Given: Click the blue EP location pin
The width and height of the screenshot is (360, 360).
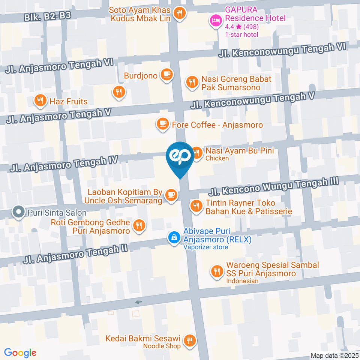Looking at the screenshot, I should pyautogui.click(x=180, y=157).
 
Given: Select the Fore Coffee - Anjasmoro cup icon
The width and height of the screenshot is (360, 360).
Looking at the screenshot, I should pyautogui.click(x=162, y=124).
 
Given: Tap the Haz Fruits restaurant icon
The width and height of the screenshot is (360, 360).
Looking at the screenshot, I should pyautogui.click(x=40, y=100).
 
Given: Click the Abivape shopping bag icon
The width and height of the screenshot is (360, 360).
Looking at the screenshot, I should pyautogui.click(x=174, y=237).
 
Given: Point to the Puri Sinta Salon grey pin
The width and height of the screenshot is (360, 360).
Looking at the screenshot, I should pyautogui.click(x=18, y=212).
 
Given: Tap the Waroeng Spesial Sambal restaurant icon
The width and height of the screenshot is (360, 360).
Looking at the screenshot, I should pyautogui.click(x=216, y=271).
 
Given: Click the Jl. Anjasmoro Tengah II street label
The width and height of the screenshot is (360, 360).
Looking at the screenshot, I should pyautogui.click(x=75, y=254).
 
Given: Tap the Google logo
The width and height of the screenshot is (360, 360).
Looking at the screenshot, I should pyautogui.click(x=20, y=352).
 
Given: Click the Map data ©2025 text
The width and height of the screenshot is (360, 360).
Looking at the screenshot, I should pyautogui.click(x=334, y=355).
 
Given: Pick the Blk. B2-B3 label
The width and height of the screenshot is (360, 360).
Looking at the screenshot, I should pyautogui.click(x=47, y=16).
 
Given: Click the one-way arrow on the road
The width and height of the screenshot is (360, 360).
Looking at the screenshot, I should pyautogui.click(x=139, y=302).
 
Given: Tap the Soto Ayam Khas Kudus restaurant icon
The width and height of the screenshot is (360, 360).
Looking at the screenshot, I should pyautogui.click(x=180, y=14).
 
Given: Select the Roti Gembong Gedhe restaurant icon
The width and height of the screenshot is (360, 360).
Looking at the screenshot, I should pyautogui.click(x=139, y=226).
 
